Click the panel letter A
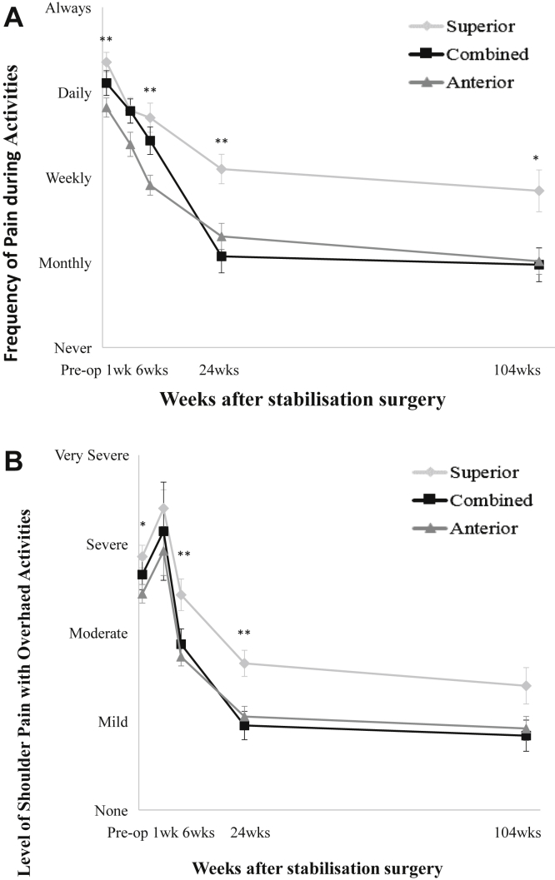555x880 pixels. pos(13,17)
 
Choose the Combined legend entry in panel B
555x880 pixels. pos(490,500)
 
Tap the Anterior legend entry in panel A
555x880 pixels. pos(478,82)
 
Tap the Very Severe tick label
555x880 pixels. pos(91,455)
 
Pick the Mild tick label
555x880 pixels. pos(112,722)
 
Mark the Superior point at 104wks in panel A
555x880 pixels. pos(538,191)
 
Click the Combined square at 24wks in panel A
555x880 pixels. pos(222,256)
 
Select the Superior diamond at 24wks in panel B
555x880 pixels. pos(244,663)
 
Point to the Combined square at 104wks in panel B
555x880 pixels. pos(527,736)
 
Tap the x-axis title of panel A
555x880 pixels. pos(302,399)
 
